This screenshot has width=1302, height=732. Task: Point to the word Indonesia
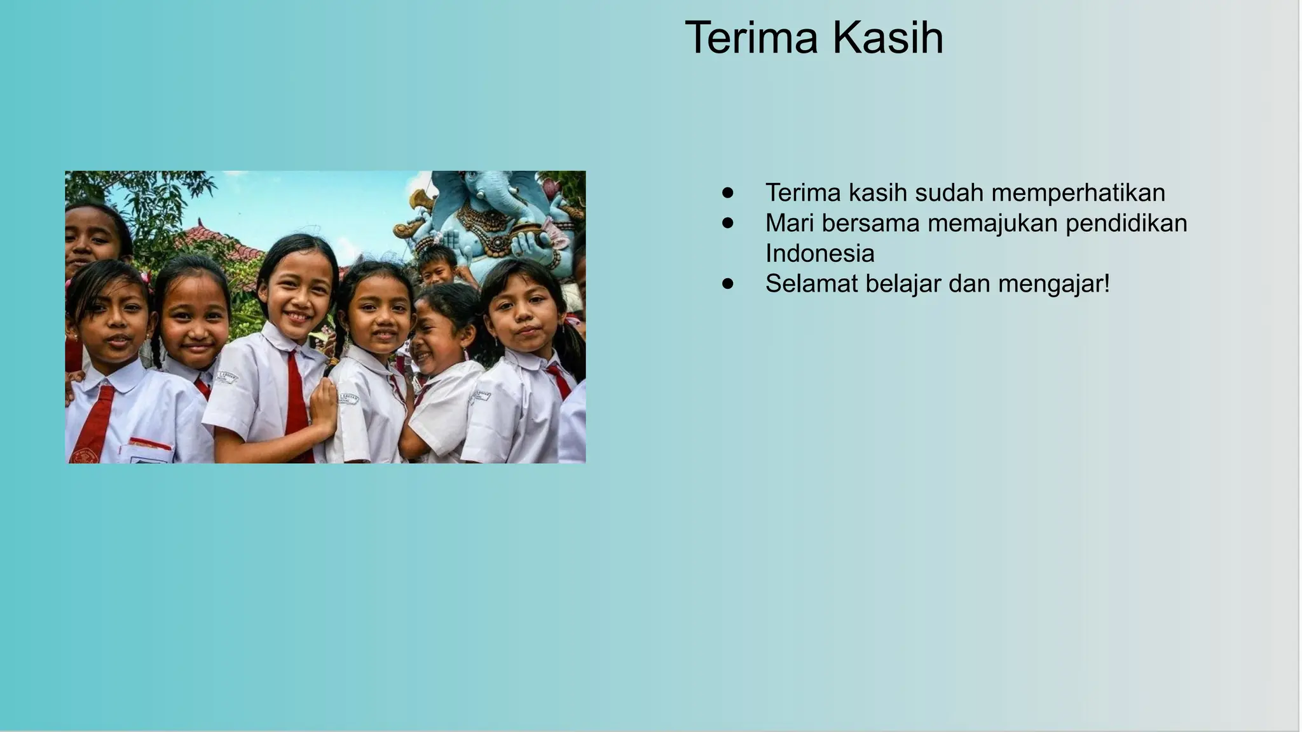click(819, 254)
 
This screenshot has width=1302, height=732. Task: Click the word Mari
click(788, 223)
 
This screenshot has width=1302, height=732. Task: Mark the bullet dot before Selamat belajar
click(728, 284)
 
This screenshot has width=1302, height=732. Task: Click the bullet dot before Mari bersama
click(728, 224)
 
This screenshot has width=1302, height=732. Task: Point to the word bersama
click(870, 223)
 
